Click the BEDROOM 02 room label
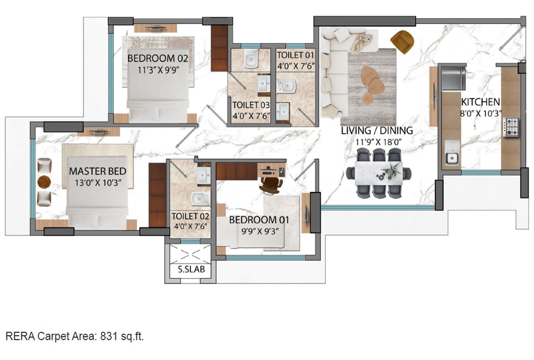tap(158, 59)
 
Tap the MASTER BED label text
tap(98, 171)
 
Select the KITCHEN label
tap(480, 102)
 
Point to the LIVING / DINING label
tap(377, 131)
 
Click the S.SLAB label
tap(191, 269)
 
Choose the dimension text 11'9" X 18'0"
tap(379, 142)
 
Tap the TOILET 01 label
tap(296, 55)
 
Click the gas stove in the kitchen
tap(511, 127)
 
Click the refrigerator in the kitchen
tap(452, 77)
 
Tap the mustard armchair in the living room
tap(402, 41)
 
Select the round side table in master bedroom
tap(44, 182)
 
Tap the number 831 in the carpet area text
tap(108, 337)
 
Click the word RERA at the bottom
tap(20, 337)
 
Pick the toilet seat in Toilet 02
tap(201, 199)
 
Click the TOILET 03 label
tap(251, 105)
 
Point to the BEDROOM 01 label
tap(259, 220)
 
